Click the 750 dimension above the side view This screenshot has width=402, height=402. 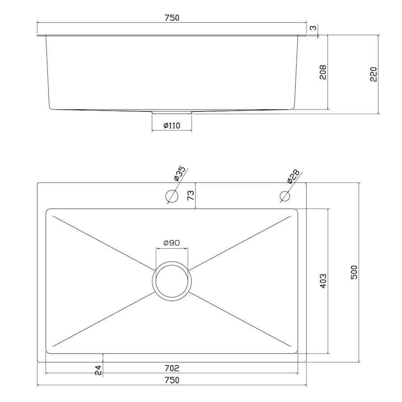coord(172,18)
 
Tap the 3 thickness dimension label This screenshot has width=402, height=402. coord(313,28)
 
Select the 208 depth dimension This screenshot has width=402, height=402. coord(323,72)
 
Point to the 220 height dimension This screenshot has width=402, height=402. coord(373,74)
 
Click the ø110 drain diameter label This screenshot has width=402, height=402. coord(172,126)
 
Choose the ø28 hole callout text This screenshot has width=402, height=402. coord(293,176)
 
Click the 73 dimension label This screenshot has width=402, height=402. coord(191,196)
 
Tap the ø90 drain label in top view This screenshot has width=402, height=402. coord(172,243)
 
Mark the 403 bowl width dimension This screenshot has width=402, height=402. coord(323,281)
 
